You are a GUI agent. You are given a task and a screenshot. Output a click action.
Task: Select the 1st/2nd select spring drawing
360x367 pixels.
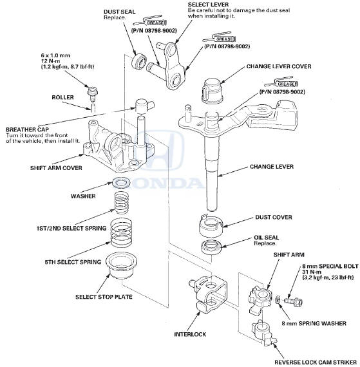pyautogui.click(x=122, y=203)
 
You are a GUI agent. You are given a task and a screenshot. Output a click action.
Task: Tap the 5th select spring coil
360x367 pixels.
pyautogui.click(x=121, y=232)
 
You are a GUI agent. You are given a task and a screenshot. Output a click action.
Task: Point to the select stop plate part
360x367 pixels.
pyautogui.click(x=121, y=265)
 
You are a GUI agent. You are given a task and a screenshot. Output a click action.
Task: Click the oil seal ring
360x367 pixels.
pyautogui.click(x=211, y=247)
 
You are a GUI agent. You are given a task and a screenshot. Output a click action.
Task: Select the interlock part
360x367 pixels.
pyautogui.click(x=209, y=294)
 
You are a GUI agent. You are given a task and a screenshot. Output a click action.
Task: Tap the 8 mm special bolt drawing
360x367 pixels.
pyautogui.click(x=293, y=301)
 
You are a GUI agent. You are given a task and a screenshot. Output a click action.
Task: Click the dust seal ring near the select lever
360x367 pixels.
pyautogui.click(x=138, y=62)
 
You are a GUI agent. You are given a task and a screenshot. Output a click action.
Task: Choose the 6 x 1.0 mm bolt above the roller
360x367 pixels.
pyautogui.click(x=91, y=93)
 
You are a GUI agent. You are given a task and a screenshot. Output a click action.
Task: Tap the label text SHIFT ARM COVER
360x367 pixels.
pyautogui.click(x=56, y=168)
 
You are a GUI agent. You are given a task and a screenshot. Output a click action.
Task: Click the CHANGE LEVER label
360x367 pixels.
pyautogui.click(x=272, y=167)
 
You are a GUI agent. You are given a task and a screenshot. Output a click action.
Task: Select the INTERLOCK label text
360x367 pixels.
pyautogui.click(x=190, y=334)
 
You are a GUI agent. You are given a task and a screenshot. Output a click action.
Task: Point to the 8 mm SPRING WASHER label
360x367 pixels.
pyautogui.click(x=314, y=323)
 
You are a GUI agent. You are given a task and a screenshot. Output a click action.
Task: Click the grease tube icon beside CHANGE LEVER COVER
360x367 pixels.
pyautogui.click(x=281, y=82)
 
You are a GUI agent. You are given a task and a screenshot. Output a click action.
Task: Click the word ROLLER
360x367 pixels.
pyautogui.click(x=62, y=97)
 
